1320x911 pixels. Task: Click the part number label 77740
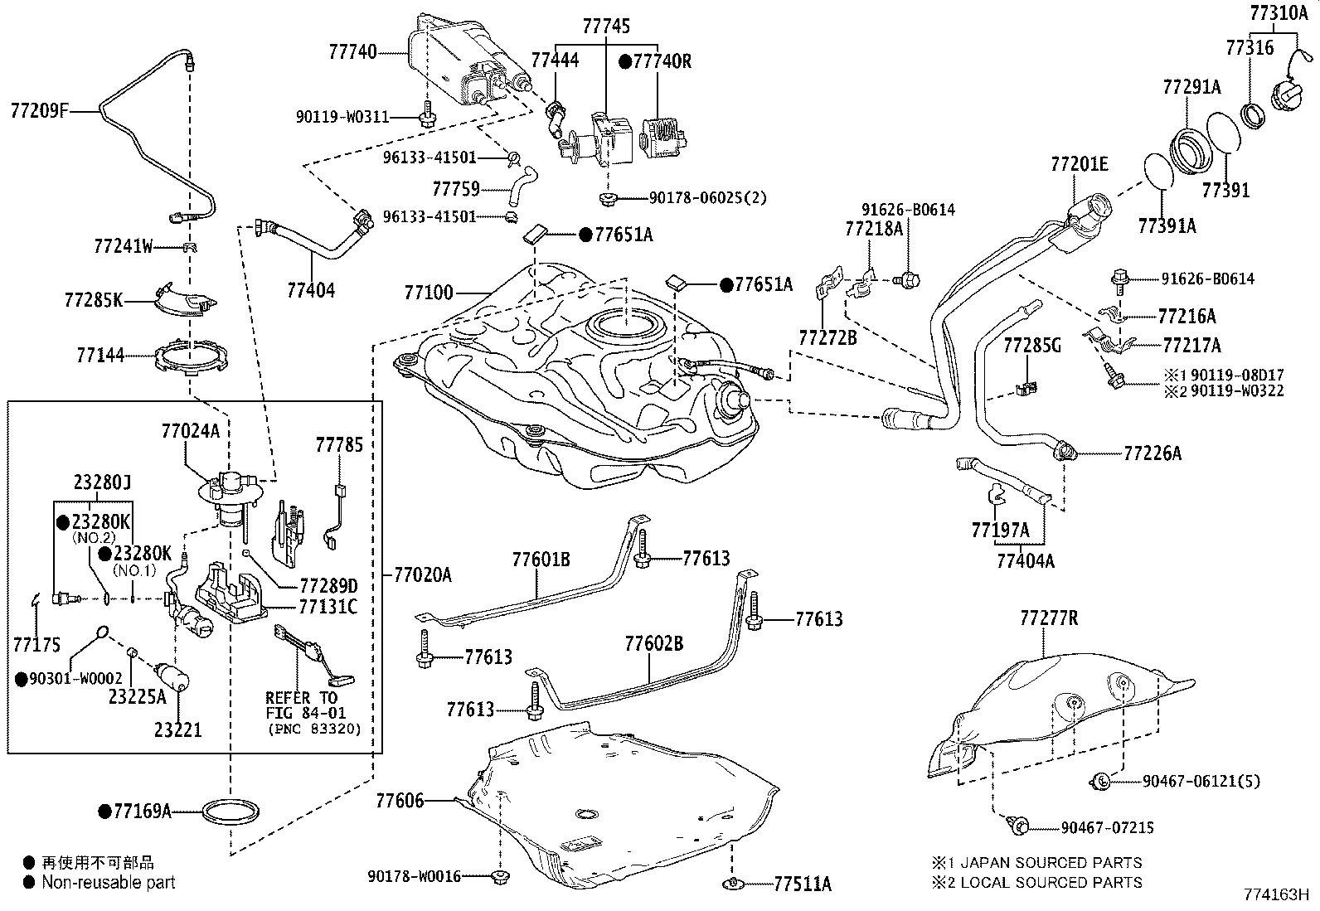click(x=352, y=52)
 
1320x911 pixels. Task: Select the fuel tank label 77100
click(x=429, y=293)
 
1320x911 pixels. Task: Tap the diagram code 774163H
click(x=1274, y=894)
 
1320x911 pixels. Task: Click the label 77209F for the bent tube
click(x=39, y=109)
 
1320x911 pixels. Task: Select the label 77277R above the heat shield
click(x=1049, y=618)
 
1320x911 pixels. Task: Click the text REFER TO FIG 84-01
click(x=302, y=705)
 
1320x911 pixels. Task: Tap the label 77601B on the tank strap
click(x=541, y=560)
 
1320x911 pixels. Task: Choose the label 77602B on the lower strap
click(x=653, y=643)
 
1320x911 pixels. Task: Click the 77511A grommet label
click(x=802, y=884)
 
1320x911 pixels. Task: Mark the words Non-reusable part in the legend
click(x=109, y=883)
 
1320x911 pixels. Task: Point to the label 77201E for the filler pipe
click(x=1079, y=164)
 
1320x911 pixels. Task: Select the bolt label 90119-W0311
click(x=342, y=117)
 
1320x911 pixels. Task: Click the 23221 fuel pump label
click(x=177, y=730)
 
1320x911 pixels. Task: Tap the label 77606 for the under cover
click(x=400, y=801)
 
